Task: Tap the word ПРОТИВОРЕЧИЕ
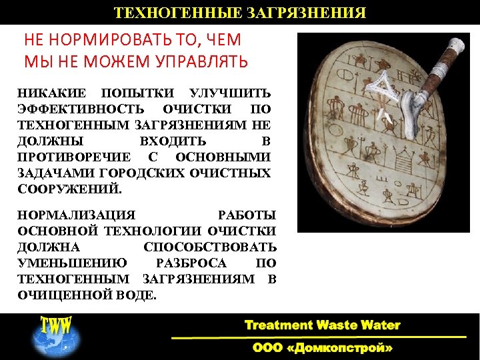(75, 157)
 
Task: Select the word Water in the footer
(380, 326)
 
